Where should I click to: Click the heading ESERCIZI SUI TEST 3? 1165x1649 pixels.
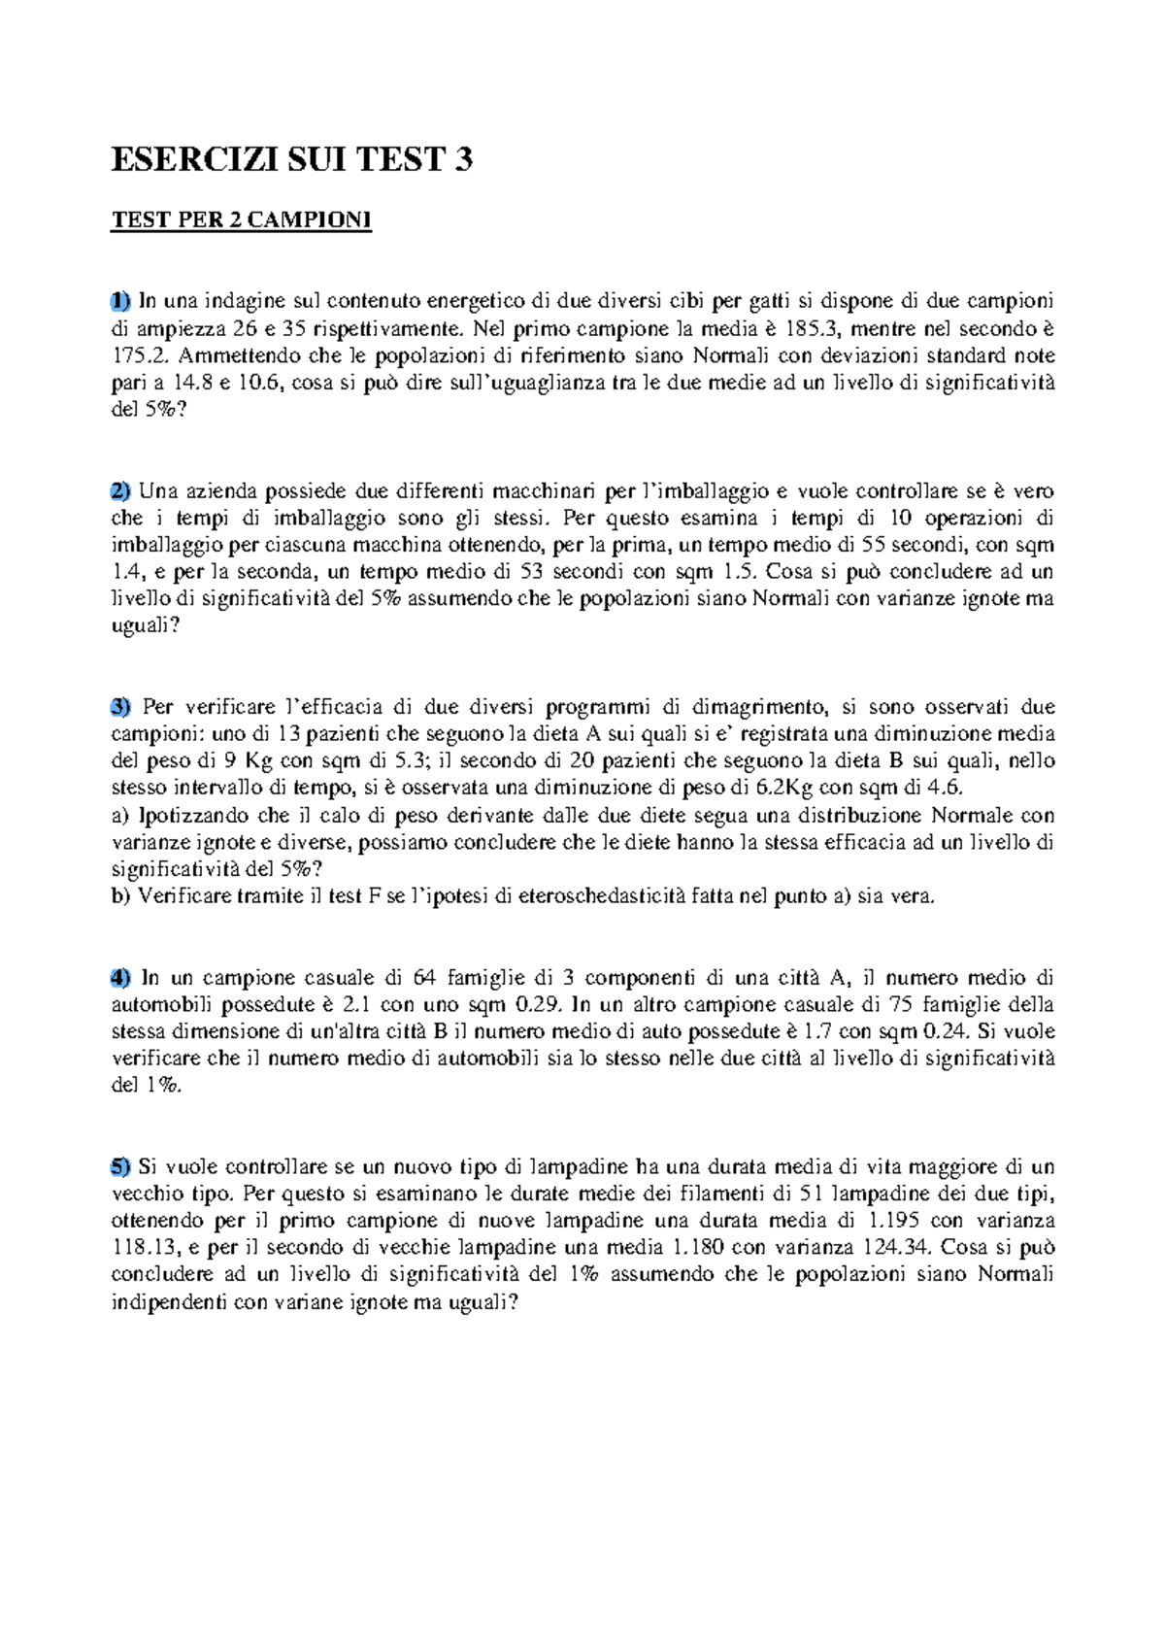coord(292,159)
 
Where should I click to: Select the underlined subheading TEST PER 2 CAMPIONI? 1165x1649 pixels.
coord(242,221)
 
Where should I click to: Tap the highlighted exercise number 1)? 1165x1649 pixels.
coord(120,300)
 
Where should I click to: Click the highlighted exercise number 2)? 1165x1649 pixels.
coord(120,490)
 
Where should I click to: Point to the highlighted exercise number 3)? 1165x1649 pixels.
coord(120,706)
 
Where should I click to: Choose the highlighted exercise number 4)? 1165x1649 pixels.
coord(120,977)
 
